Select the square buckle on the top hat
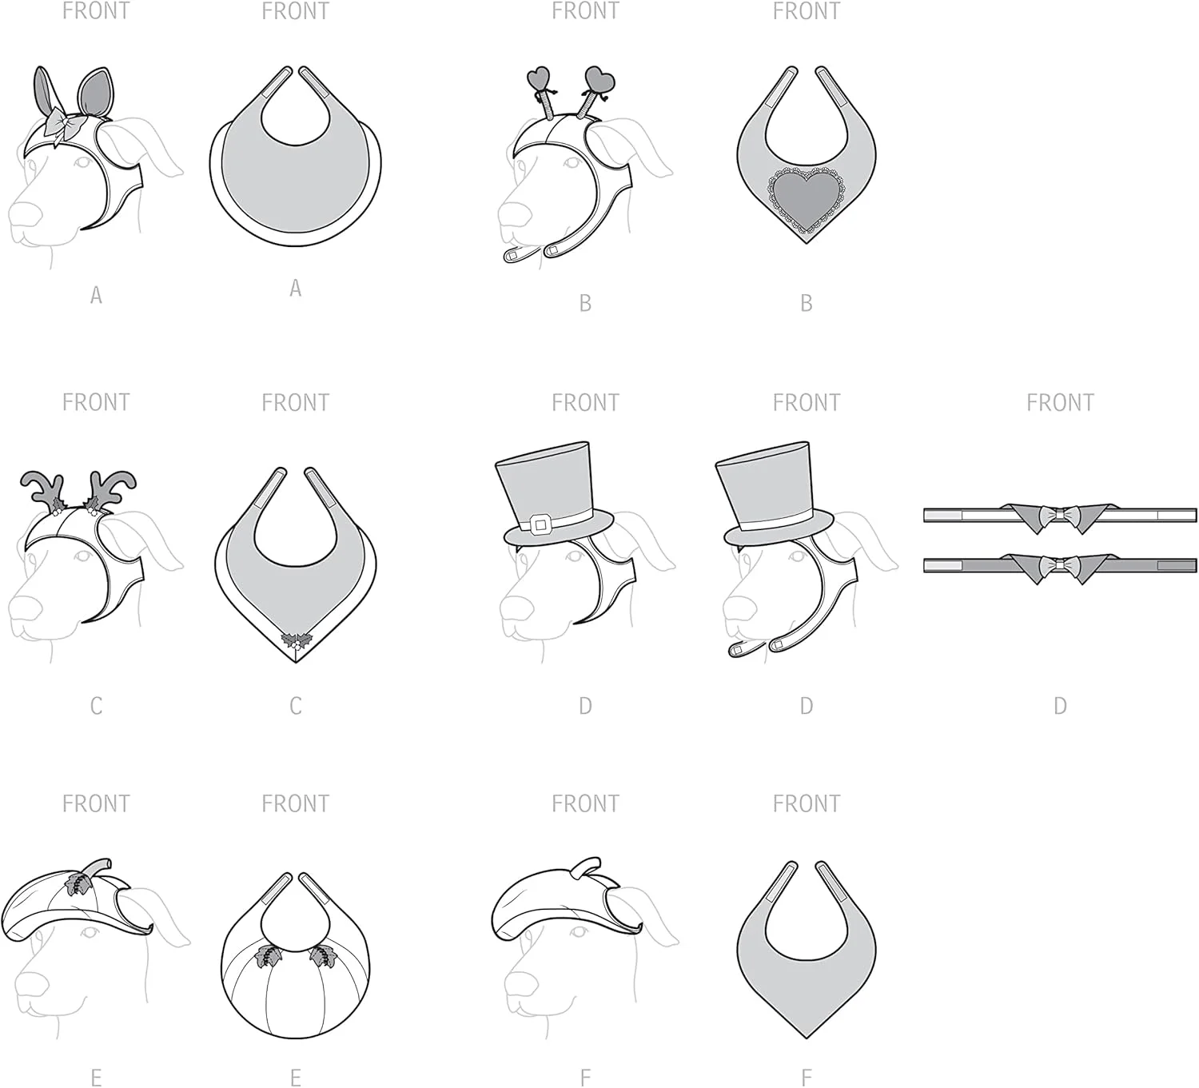[540, 524]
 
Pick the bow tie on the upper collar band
[1059, 514]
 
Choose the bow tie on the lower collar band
[1059, 564]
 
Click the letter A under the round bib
[295, 288]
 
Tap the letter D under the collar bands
[1060, 706]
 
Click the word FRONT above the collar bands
[1060, 402]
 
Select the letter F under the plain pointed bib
[807, 1078]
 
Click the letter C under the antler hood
[96, 706]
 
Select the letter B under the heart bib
[807, 304]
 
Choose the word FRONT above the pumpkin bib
[295, 803]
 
